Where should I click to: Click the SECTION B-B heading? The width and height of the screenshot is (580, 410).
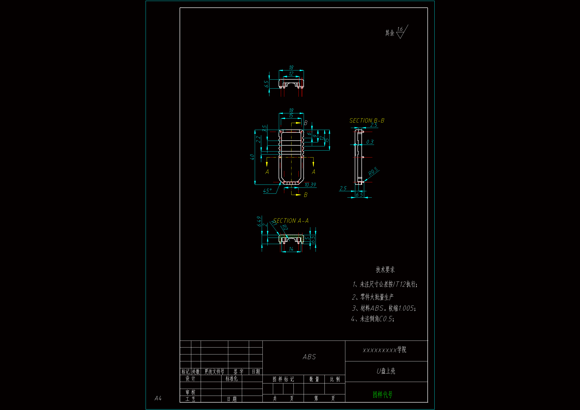367,121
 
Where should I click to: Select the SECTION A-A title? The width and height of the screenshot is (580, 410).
291,221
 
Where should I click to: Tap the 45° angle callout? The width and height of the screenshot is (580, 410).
267,191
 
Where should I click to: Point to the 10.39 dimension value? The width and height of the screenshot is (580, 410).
310,185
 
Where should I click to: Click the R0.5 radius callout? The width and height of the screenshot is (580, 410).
373,171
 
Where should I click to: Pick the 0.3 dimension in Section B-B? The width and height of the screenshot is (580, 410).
370,142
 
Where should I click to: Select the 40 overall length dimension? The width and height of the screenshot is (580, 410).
252,157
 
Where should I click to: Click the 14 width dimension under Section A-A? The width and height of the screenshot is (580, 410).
291,249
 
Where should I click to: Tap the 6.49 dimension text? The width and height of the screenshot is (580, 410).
259,221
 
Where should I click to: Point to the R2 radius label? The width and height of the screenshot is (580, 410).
285,227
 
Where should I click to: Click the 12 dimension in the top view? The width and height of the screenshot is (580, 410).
291,73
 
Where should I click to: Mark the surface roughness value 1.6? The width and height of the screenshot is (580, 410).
400,29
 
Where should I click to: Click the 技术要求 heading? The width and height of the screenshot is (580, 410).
385,270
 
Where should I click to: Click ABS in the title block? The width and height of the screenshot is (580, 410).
309,357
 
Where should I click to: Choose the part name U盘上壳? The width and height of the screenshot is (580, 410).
386,371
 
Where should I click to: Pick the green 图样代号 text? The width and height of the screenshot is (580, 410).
383,394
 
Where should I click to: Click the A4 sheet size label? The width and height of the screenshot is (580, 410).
158,398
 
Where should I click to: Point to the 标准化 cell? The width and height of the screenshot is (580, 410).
231,378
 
